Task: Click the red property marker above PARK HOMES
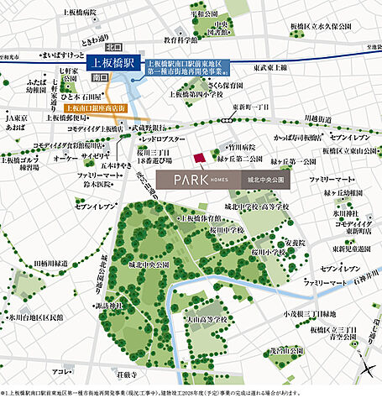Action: pos(199,159)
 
